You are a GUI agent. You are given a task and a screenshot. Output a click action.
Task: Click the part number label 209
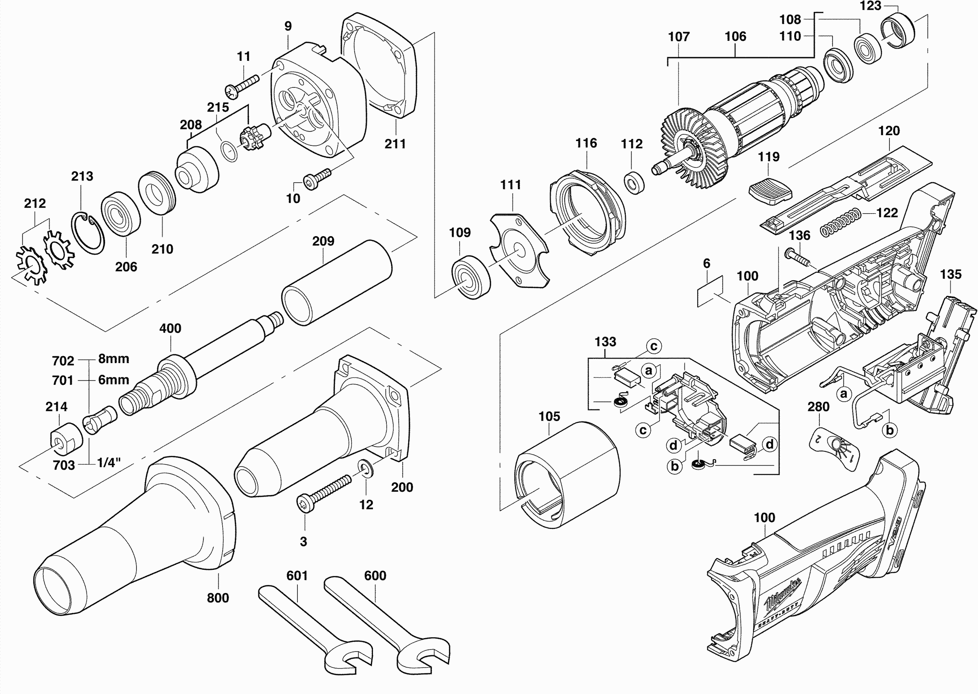click(323, 241)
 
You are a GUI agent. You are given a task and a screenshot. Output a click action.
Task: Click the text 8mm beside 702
click(114, 359)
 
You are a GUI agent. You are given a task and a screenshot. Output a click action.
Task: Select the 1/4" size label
click(109, 462)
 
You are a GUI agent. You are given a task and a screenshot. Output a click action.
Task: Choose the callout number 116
click(586, 143)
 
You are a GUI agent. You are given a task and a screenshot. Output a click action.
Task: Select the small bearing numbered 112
click(634, 183)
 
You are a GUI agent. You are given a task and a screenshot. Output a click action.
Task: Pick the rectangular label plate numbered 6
click(710, 291)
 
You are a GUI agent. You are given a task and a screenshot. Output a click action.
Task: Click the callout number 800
click(218, 598)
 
